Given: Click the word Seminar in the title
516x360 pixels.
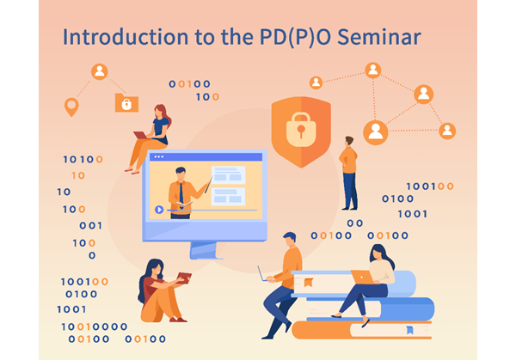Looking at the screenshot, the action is pyautogui.click(x=379, y=37).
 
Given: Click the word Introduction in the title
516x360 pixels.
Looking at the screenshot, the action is pyautogui.click(x=125, y=37).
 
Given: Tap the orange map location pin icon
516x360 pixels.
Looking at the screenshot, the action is pyautogui.click(x=71, y=107).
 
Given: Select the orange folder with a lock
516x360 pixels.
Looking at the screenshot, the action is pyautogui.click(x=126, y=103).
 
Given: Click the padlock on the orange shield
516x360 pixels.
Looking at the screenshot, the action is pyautogui.click(x=301, y=129).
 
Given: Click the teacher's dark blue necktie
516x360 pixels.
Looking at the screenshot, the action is pyautogui.click(x=181, y=194).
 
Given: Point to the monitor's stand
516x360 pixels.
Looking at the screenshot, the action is pyautogui.click(x=204, y=251).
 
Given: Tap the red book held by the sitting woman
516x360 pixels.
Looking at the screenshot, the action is pyautogui.click(x=184, y=278).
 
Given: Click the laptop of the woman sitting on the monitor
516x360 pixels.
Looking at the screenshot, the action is pyautogui.click(x=140, y=135).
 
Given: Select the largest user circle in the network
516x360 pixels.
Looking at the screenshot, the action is pyautogui.click(x=376, y=132).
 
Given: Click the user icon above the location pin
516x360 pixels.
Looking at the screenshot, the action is pyautogui.click(x=100, y=71).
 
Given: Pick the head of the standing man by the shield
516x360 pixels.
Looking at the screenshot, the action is pyautogui.click(x=349, y=142).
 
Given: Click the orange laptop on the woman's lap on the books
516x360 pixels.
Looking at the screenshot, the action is pyautogui.click(x=362, y=277).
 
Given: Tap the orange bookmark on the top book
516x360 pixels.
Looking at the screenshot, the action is pyautogui.click(x=309, y=283).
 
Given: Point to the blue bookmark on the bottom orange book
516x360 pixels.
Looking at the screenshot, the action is pyautogui.click(x=409, y=330).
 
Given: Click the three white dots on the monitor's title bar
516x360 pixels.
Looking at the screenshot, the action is pyautogui.click(x=159, y=157).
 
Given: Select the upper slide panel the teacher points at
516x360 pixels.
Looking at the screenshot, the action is pyautogui.click(x=228, y=175).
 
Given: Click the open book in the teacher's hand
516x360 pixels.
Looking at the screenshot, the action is pyautogui.click(x=184, y=204).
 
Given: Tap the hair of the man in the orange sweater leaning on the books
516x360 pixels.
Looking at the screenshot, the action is pyautogui.click(x=290, y=236).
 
